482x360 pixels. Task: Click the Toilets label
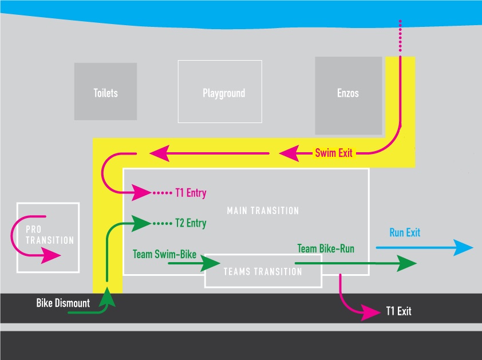(106, 93)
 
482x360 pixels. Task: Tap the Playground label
(224, 93)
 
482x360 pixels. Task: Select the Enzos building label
(348, 93)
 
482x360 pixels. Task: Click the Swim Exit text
(334, 153)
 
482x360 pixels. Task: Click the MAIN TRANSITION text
(263, 211)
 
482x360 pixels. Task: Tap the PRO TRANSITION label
(50, 235)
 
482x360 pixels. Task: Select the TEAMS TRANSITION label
(263, 271)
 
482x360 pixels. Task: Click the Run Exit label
(405, 232)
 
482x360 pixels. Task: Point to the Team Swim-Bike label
(164, 253)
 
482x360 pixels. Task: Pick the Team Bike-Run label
(326, 248)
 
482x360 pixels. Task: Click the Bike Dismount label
(63, 303)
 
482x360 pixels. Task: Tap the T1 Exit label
(398, 312)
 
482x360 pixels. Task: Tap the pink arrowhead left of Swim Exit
(289, 153)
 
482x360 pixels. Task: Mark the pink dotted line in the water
(400, 37)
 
